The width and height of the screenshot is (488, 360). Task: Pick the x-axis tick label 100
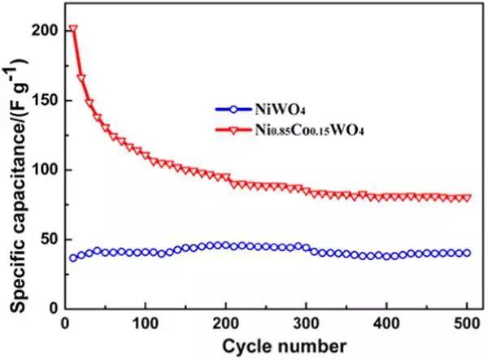[145, 324]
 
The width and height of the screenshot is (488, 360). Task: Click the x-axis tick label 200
[225, 324]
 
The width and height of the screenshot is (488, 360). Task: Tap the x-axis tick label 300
[306, 324]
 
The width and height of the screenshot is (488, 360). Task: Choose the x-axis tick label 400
[386, 324]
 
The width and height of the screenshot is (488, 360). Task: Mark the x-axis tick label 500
[466, 324]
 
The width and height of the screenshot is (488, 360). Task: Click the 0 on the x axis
[65, 324]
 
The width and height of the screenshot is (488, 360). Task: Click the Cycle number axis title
[265, 345]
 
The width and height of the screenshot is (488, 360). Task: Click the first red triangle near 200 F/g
[73, 30]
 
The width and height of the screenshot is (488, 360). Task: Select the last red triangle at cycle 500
[466, 197]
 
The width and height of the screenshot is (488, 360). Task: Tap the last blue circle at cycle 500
[466, 253]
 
